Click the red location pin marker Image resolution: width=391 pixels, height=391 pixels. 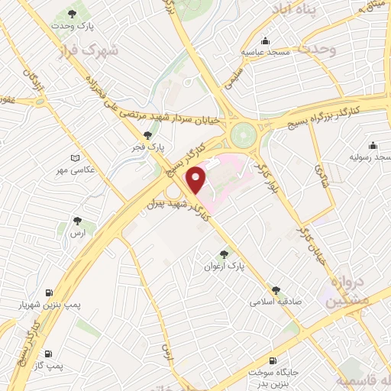pyautogui.click(x=197, y=181)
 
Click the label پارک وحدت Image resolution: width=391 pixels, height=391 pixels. pyautogui.click(x=73, y=26)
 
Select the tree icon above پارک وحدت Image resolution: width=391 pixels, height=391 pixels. pyautogui.click(x=73, y=13)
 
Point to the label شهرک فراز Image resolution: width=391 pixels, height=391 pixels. pyautogui.click(x=90, y=52)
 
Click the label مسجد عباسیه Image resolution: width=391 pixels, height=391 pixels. pyautogui.click(x=264, y=52)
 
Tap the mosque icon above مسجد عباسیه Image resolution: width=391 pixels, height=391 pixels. pyautogui.click(x=264, y=40)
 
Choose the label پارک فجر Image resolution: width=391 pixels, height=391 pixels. pyautogui.click(x=157, y=146)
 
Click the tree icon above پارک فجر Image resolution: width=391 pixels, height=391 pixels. pyautogui.click(x=157, y=134)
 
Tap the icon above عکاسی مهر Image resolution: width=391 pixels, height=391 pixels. pyautogui.click(x=74, y=158)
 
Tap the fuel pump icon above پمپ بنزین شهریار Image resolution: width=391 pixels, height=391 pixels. pyautogui.click(x=50, y=293)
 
